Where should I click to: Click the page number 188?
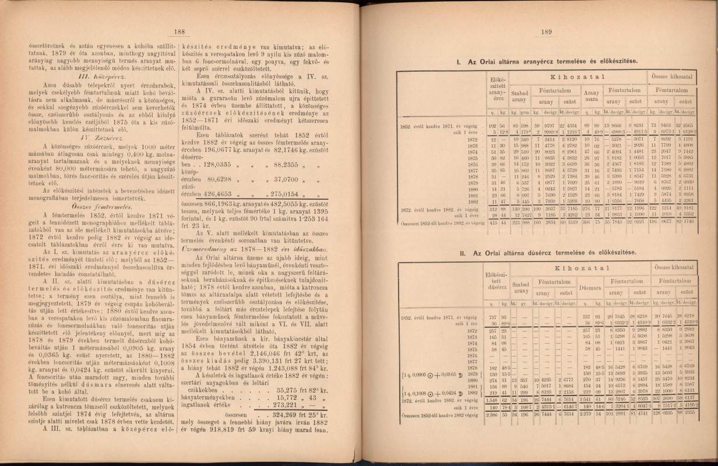click(179, 33)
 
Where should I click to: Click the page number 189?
click(547, 33)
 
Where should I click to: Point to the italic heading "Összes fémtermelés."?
click(104, 207)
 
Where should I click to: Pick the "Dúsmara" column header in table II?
click(592, 287)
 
